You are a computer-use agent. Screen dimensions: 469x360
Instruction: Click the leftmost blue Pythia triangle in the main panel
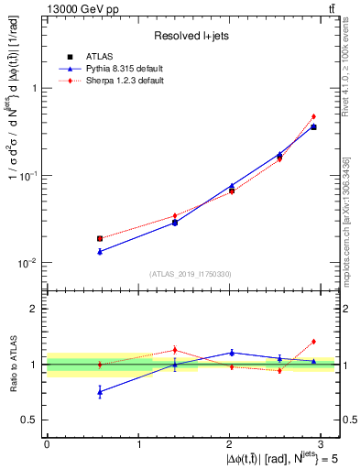100,251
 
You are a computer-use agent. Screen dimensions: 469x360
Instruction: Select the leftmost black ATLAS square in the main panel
100,238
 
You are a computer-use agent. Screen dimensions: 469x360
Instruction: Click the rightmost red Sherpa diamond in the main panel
313,116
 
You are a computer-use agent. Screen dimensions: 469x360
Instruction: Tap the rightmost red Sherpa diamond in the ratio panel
313,342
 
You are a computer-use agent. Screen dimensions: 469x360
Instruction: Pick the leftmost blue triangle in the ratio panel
100,391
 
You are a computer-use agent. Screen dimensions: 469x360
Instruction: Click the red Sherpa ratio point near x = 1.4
175,350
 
